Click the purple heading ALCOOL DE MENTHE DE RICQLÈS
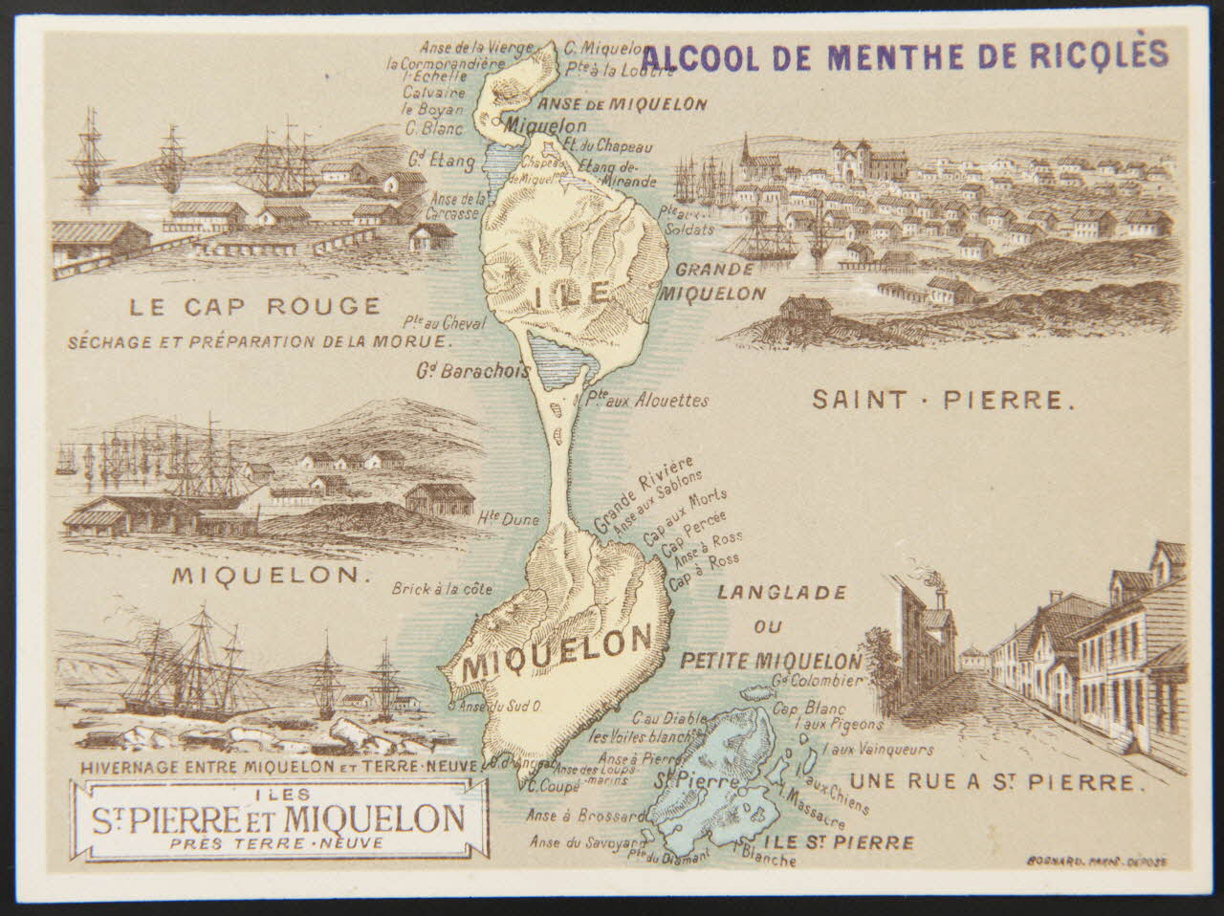coord(905,55)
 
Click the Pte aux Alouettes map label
coord(646,400)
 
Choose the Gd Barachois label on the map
coord(472,370)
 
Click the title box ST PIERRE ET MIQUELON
coord(278,818)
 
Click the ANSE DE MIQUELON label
coord(623,104)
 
